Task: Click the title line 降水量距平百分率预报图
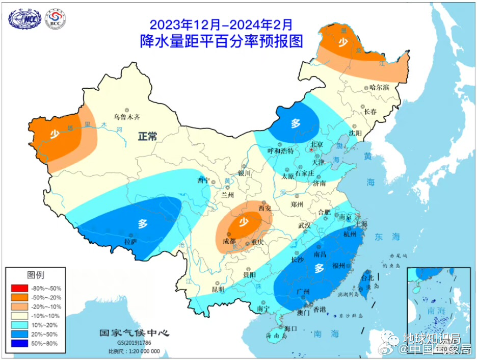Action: (x=221, y=41)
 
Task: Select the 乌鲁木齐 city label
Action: (x=126, y=116)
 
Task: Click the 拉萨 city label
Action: (x=130, y=241)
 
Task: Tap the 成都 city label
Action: (x=229, y=241)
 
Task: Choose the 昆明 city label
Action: (x=218, y=289)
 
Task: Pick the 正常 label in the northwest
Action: (x=147, y=136)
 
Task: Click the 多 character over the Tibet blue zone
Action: (x=143, y=222)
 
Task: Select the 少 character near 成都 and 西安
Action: (x=244, y=222)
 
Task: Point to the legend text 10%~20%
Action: (x=46, y=325)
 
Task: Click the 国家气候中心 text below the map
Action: (x=134, y=333)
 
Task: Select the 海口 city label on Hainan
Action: (x=290, y=328)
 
